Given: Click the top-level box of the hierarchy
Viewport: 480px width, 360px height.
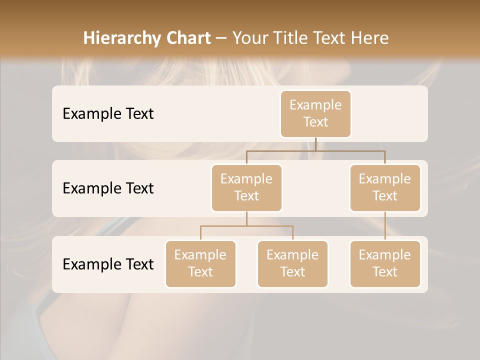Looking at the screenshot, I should tap(315, 113).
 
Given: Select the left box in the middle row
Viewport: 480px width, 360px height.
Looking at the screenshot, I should tap(246, 187).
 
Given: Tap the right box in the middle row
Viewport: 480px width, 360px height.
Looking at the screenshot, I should tap(385, 187).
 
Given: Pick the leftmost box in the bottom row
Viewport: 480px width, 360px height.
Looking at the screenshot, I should tap(200, 263).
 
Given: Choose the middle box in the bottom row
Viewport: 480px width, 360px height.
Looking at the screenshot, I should tap(292, 263).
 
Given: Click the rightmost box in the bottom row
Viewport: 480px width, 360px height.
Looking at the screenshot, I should tap(385, 263).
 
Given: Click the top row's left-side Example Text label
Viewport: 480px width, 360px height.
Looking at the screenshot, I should tap(108, 114).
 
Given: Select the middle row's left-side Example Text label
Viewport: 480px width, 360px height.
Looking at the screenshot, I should tap(108, 188).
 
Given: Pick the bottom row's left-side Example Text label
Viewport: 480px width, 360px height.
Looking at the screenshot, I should tap(108, 264).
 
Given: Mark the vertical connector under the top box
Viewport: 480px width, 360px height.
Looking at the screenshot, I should tap(315, 144).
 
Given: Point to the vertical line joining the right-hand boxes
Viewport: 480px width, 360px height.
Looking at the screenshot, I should tap(385, 226).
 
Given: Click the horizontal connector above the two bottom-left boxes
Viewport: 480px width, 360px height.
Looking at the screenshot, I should tap(246, 226).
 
